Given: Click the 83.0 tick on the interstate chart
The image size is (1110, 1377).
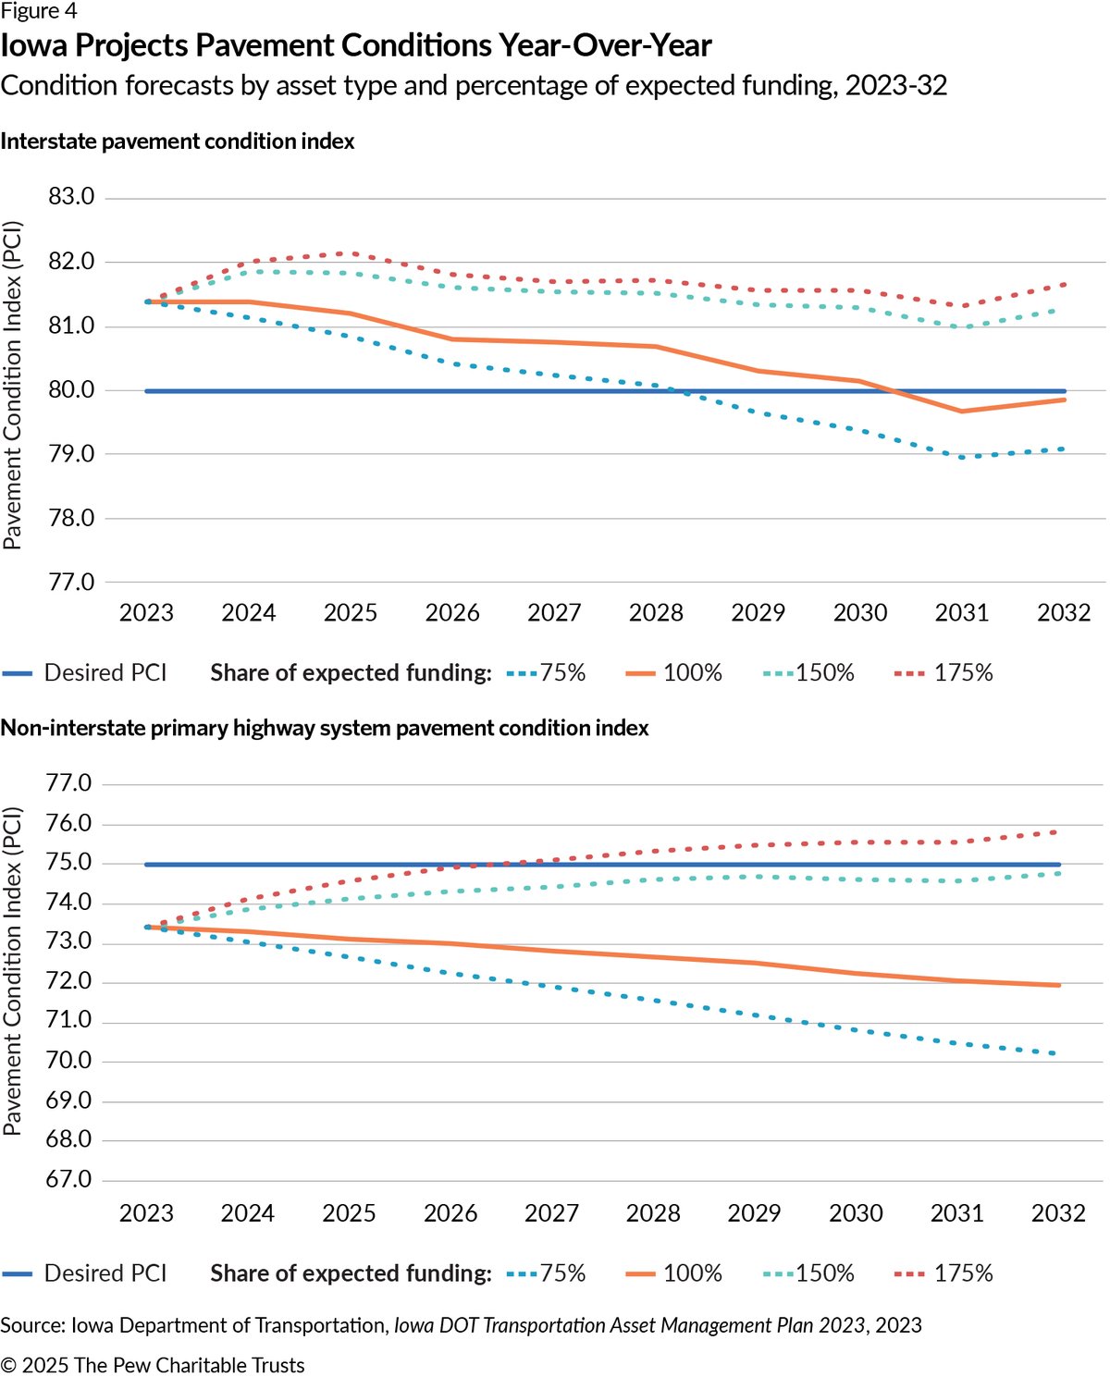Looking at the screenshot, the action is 71,196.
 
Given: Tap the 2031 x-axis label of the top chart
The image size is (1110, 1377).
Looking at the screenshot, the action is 961,613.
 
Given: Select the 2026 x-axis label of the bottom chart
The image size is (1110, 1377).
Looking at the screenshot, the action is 450,1213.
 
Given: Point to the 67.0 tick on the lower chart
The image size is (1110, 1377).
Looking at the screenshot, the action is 68,1179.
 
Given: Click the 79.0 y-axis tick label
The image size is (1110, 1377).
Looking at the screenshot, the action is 71,454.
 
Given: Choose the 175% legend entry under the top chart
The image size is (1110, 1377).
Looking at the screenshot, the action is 943,672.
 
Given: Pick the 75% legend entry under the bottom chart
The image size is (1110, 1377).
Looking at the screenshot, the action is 546,1273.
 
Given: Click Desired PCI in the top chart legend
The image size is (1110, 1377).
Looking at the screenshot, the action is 84,672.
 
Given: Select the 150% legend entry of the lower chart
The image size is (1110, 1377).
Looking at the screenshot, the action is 808,1273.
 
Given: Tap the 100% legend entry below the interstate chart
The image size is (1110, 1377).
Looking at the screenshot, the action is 673,672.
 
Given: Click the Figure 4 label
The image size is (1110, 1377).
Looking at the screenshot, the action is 39,10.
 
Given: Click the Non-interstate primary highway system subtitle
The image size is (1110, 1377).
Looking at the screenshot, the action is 325,728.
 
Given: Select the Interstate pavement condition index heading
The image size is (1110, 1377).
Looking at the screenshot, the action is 178,141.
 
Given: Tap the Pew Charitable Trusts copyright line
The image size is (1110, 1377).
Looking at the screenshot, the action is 153,1365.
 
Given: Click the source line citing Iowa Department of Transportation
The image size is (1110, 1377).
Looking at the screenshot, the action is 461,1324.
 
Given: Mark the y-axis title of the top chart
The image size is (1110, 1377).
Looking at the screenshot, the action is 11,386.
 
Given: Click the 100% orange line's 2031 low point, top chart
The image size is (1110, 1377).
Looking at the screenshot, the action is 961,411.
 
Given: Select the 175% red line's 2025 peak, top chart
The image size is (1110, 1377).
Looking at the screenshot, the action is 351,253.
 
